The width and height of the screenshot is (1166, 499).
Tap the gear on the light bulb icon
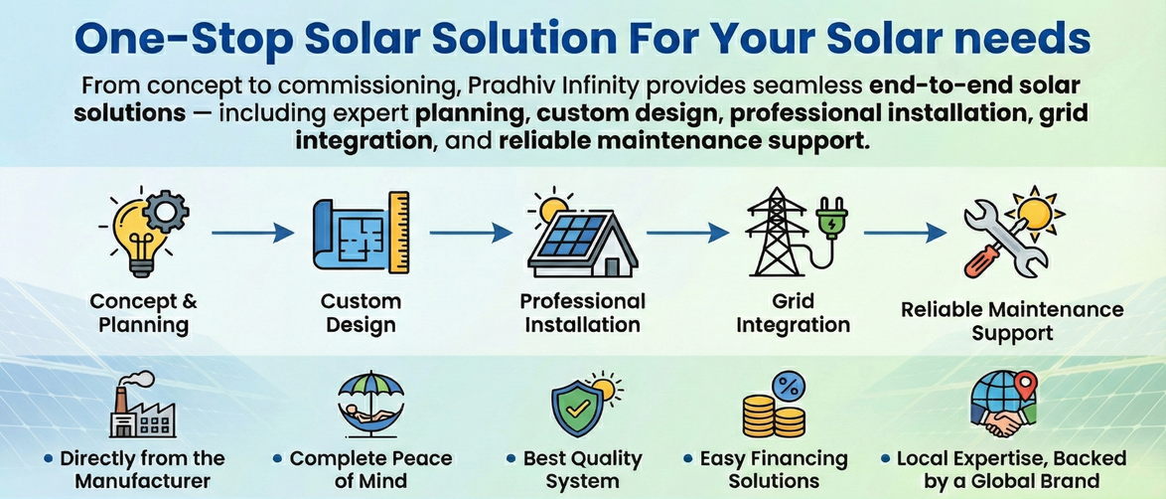point(165,213)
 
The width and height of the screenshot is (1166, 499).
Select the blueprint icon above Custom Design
point(360,233)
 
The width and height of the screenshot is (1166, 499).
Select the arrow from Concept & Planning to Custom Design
point(253,234)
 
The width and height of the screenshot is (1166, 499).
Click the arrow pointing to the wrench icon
point(905,234)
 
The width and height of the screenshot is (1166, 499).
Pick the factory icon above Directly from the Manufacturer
point(141,405)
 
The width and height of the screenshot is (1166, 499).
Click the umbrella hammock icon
point(370,406)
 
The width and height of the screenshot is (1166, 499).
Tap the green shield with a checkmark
point(576,411)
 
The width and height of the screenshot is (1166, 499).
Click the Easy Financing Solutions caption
point(774,468)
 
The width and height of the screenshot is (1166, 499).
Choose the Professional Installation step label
point(582,313)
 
